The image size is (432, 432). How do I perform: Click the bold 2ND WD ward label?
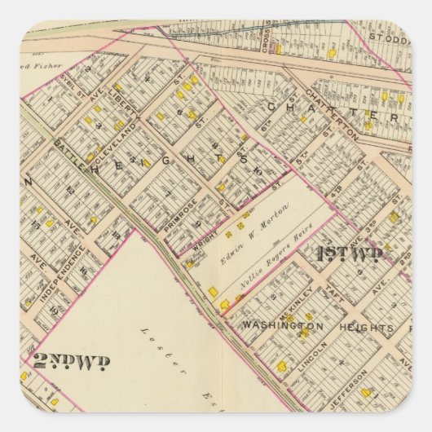pos(72,360)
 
